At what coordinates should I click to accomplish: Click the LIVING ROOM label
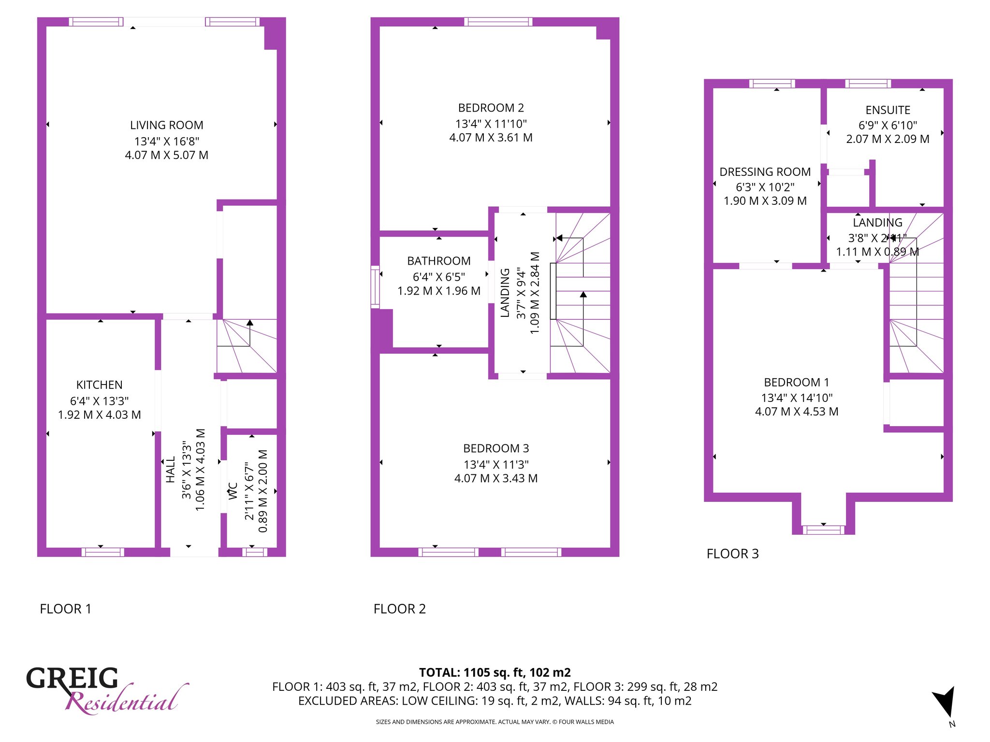(x=167, y=125)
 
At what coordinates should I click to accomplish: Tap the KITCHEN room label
(x=100, y=385)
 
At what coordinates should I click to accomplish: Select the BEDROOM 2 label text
(x=491, y=108)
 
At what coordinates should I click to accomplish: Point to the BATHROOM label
(x=439, y=261)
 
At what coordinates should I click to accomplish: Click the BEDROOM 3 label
(x=496, y=448)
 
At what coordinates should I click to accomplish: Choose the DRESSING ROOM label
(x=765, y=172)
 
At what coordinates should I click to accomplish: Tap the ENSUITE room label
(x=888, y=110)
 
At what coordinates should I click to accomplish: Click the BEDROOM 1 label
(x=797, y=383)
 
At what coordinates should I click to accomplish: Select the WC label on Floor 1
(x=233, y=491)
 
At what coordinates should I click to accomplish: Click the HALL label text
(x=171, y=470)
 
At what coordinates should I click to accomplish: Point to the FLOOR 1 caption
(x=65, y=609)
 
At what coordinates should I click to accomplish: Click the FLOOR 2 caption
(x=400, y=609)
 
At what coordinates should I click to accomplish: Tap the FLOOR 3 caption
(x=733, y=554)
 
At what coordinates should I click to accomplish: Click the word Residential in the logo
(x=127, y=699)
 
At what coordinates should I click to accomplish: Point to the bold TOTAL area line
(x=495, y=672)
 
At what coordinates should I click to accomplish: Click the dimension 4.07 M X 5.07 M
(x=167, y=155)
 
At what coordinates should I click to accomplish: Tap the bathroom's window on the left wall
(x=375, y=287)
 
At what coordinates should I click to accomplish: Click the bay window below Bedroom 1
(x=824, y=530)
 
